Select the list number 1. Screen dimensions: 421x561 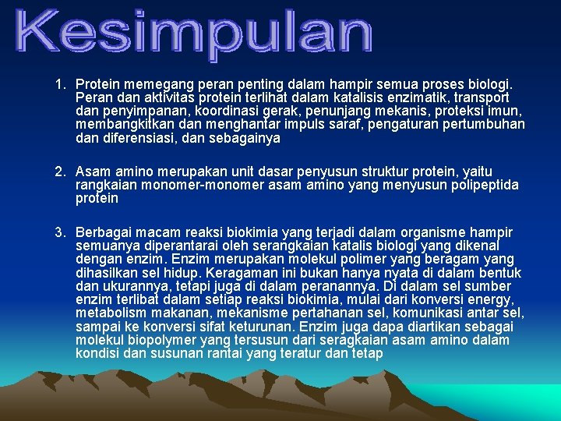tap(59, 83)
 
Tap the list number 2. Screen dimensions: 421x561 tap(59, 172)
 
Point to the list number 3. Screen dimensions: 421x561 tap(59, 232)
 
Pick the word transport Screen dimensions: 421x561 tap(482, 97)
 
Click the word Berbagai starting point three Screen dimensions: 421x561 tap(102, 232)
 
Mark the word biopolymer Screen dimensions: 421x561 tap(161, 340)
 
